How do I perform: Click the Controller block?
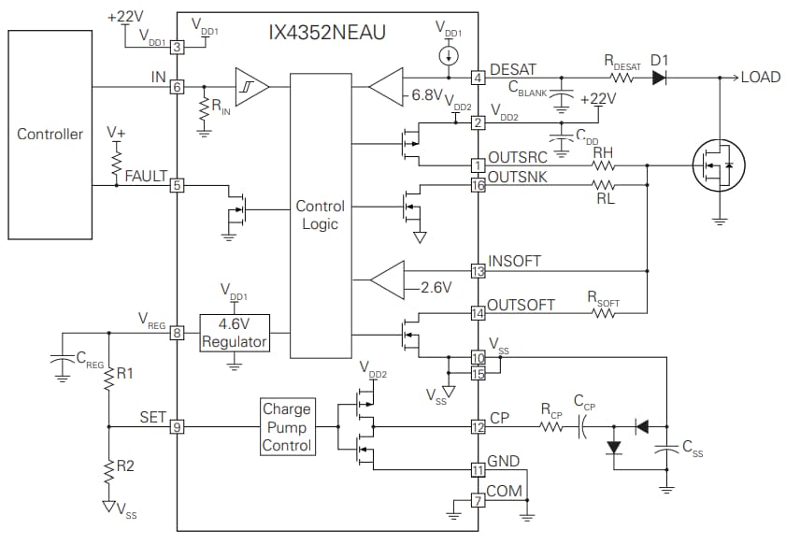pyautogui.click(x=50, y=134)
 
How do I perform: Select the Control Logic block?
pyautogui.click(x=320, y=215)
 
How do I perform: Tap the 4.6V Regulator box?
pyautogui.click(x=235, y=333)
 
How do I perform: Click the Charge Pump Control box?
pyautogui.click(x=286, y=427)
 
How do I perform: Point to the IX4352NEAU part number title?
pyautogui.click(x=328, y=33)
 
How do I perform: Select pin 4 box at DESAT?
pyautogui.click(x=479, y=77)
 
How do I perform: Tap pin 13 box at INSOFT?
pyautogui.click(x=479, y=272)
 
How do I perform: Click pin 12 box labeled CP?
pyautogui.click(x=479, y=427)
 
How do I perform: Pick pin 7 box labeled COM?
pyautogui.click(x=479, y=501)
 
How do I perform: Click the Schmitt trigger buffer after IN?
pyautogui.click(x=250, y=87)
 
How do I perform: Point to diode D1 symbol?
pyautogui.click(x=660, y=77)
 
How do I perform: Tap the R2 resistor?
pyautogui.click(x=108, y=470)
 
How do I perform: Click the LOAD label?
pyautogui.click(x=760, y=77)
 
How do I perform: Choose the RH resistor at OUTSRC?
pyautogui.click(x=604, y=165)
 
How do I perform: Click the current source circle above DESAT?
pyautogui.click(x=449, y=56)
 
